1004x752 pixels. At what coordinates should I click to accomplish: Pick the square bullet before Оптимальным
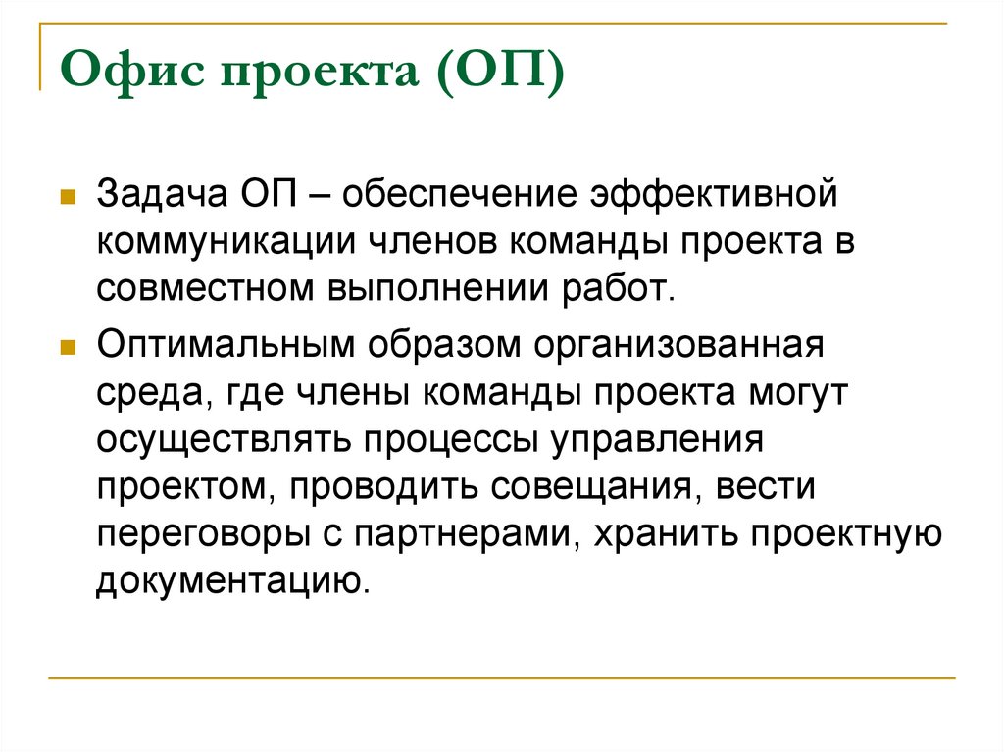[69, 348]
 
